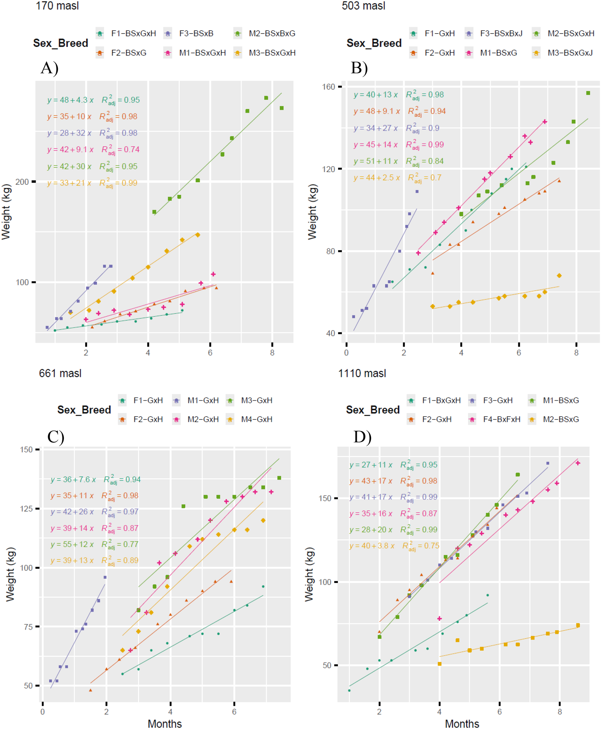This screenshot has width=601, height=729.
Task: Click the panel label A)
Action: point(50,68)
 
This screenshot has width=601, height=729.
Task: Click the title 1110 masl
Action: point(362,373)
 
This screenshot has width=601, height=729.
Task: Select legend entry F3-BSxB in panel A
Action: point(196,34)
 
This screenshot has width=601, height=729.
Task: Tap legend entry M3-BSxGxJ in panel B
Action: point(570,53)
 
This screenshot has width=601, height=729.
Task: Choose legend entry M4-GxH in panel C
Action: point(256,419)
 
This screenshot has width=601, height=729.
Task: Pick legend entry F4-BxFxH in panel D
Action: point(501,419)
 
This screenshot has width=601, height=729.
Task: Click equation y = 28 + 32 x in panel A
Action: point(69,133)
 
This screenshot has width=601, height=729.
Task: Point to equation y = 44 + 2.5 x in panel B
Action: point(376,178)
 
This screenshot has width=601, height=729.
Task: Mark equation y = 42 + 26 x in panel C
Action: point(72,512)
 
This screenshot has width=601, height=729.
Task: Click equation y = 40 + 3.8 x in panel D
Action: point(372,546)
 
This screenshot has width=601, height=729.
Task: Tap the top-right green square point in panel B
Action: point(588,93)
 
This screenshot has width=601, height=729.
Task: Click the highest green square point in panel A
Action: point(266,98)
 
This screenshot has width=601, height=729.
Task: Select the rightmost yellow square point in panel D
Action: point(578,625)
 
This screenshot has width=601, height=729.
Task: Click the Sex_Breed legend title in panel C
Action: point(84,410)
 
